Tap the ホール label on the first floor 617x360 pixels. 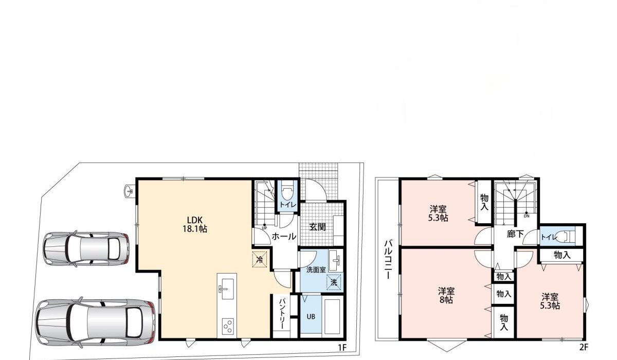[283, 237]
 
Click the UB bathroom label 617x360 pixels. [311, 316]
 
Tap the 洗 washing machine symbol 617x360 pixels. [334, 282]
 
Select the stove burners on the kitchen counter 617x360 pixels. [227, 326]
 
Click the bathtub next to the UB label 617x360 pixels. [333, 316]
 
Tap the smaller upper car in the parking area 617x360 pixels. [86, 249]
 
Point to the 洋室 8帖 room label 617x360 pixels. [446, 295]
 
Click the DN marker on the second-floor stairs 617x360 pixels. [526, 216]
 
